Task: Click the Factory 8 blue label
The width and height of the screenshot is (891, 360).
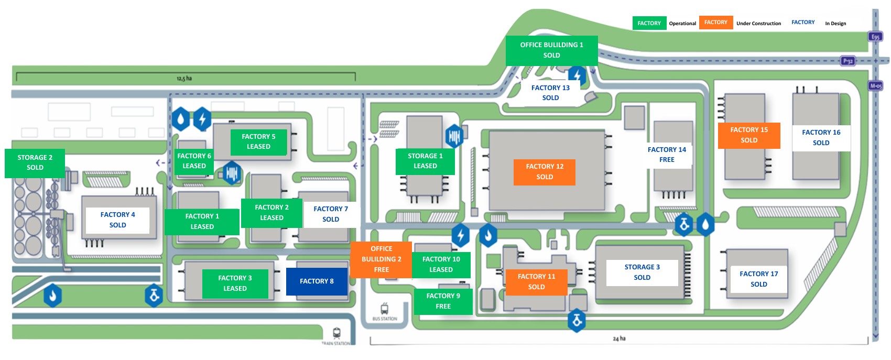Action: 317,281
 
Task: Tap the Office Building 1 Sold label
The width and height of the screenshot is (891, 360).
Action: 551,50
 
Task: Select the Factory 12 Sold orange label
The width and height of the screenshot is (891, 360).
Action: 545,172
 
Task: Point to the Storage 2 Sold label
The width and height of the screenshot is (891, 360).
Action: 35,162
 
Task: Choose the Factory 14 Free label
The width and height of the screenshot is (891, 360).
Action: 667,155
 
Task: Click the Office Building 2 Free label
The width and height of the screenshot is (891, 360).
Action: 381,259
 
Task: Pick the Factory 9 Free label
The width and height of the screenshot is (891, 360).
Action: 443,301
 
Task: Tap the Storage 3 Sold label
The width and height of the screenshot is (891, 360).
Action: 642,272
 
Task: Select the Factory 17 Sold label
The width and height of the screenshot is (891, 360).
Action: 758,279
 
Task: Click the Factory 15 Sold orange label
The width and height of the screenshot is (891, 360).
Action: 749,135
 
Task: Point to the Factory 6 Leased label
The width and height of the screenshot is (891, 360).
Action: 194,161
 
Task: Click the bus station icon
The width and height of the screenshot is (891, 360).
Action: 385,309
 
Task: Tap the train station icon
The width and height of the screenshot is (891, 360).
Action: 336,333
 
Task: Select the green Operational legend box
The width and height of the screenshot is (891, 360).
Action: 649,23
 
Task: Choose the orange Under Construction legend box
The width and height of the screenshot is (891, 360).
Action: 715,23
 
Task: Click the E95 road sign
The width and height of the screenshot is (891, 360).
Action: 875,37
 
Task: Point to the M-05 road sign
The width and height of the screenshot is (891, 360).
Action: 876,85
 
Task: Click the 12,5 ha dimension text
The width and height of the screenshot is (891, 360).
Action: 184,79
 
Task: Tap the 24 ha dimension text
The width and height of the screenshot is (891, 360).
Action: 619,339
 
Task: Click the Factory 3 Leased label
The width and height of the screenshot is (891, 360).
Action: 235,283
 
